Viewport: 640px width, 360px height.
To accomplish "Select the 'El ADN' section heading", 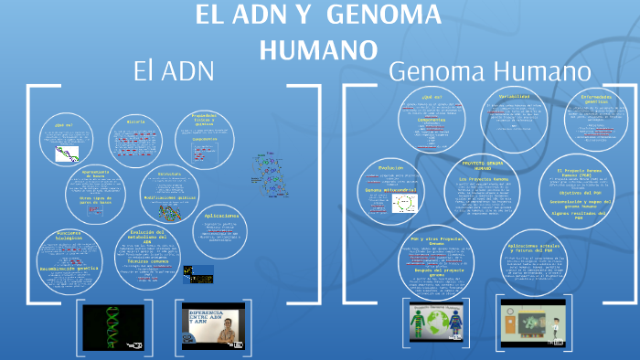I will click(x=173, y=70).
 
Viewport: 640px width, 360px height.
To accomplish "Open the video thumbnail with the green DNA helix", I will click(x=112, y=326).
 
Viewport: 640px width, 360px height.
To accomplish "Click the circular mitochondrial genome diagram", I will click(x=401, y=206).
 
